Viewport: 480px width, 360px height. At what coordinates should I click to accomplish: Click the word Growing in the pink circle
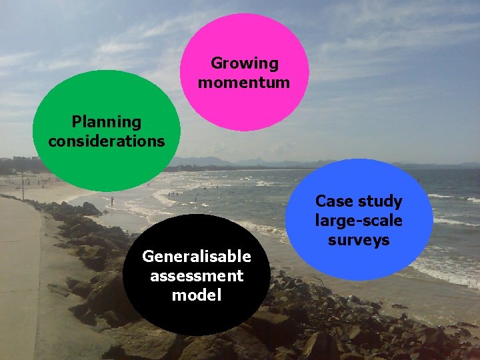pyautogui.click(x=244, y=64)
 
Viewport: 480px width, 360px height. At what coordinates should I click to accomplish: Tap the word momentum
pyautogui.click(x=244, y=83)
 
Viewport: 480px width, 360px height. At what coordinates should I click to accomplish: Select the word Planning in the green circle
pyautogui.click(x=107, y=123)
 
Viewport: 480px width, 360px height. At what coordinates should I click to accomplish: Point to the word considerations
pyautogui.click(x=107, y=141)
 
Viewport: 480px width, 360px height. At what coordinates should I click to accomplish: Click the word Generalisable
pyautogui.click(x=197, y=257)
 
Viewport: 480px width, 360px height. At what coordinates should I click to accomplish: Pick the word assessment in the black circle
pyautogui.click(x=197, y=276)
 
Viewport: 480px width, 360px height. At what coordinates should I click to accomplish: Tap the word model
pyautogui.click(x=197, y=295)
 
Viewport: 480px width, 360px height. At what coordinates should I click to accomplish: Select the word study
pyautogui.click(x=381, y=201)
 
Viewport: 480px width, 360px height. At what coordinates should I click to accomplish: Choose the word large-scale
pyautogui.click(x=359, y=221)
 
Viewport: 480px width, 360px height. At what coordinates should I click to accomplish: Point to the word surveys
pyautogui.click(x=359, y=240)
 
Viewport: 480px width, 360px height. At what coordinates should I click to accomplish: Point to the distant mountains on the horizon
pyautogui.click(x=220, y=161)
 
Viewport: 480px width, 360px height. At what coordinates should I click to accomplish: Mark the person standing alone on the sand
pyautogui.click(x=112, y=200)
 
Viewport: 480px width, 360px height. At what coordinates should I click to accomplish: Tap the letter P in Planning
pyautogui.click(x=76, y=122)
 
